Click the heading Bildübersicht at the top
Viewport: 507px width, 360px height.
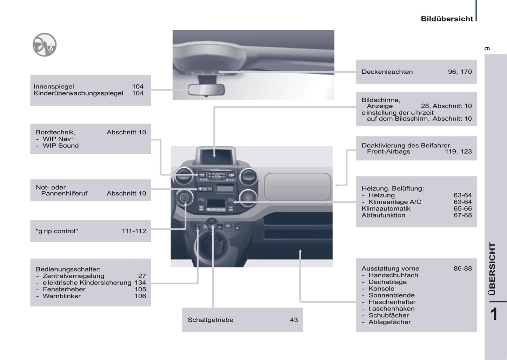pos(447,19)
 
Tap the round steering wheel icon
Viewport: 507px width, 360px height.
pos(45,45)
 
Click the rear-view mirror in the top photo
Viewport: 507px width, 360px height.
pos(206,89)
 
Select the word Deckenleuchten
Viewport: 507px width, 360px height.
pos(387,72)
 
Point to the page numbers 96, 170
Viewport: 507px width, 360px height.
pos(460,72)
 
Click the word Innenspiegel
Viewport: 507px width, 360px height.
pos(54,87)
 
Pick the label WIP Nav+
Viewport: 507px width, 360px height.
pos(59,139)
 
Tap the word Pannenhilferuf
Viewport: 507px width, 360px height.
pos(64,193)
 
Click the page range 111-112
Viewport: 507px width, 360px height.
pos(134,231)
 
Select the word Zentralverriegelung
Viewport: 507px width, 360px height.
pos(73,276)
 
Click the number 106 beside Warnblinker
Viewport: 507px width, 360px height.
pos(140,296)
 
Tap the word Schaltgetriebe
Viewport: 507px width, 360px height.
pos(210,320)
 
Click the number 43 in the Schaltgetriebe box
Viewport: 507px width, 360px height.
pos(294,320)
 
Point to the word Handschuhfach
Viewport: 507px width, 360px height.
pos(393,275)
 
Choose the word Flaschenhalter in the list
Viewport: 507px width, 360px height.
pos(392,302)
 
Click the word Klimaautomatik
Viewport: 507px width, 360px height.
pos(386,209)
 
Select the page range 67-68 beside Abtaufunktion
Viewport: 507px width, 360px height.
pos(462,215)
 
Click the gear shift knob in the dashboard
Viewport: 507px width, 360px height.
pos(212,222)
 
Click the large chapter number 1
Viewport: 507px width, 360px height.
pos(494,314)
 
